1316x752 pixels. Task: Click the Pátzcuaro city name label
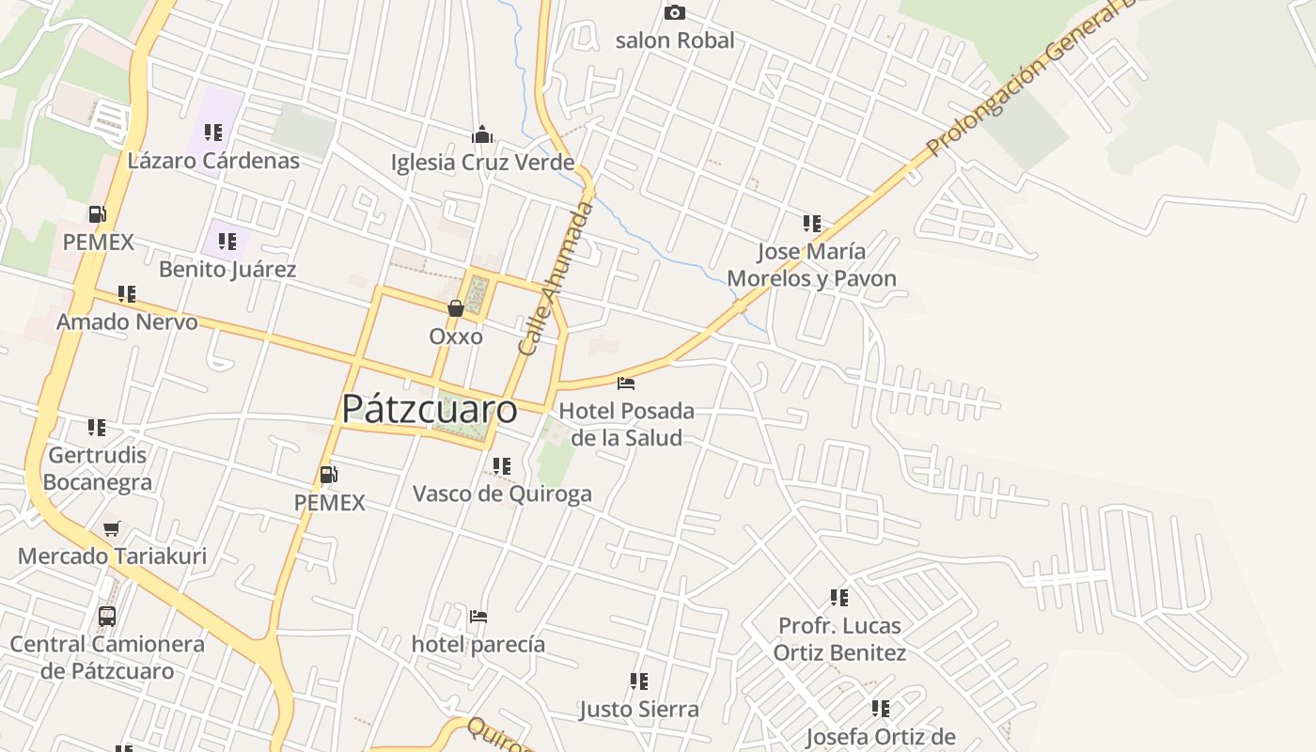coord(429,409)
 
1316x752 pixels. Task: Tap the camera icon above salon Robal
coord(674,12)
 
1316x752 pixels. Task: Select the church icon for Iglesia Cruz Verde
coord(482,134)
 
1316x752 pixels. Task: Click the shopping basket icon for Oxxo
coord(456,307)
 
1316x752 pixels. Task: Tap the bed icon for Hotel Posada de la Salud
coord(626,383)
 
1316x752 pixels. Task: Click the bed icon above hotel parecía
coord(478,617)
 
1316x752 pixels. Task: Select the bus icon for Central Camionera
coord(107,617)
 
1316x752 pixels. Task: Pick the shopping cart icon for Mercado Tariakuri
coord(112,528)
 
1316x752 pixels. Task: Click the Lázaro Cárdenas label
coord(213,161)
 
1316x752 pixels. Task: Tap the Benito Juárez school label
coord(227,270)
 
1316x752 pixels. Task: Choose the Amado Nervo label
coord(127,322)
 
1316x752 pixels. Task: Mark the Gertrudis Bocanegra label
coord(98,468)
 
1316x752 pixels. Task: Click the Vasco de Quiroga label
coord(502,493)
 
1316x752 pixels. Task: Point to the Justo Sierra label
coord(639,709)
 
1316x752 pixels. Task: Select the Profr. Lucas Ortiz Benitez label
coord(839,639)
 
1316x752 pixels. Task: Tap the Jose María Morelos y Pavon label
coord(811,265)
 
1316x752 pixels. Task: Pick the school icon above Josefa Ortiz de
coord(881,708)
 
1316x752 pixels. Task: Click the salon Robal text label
coord(675,40)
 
